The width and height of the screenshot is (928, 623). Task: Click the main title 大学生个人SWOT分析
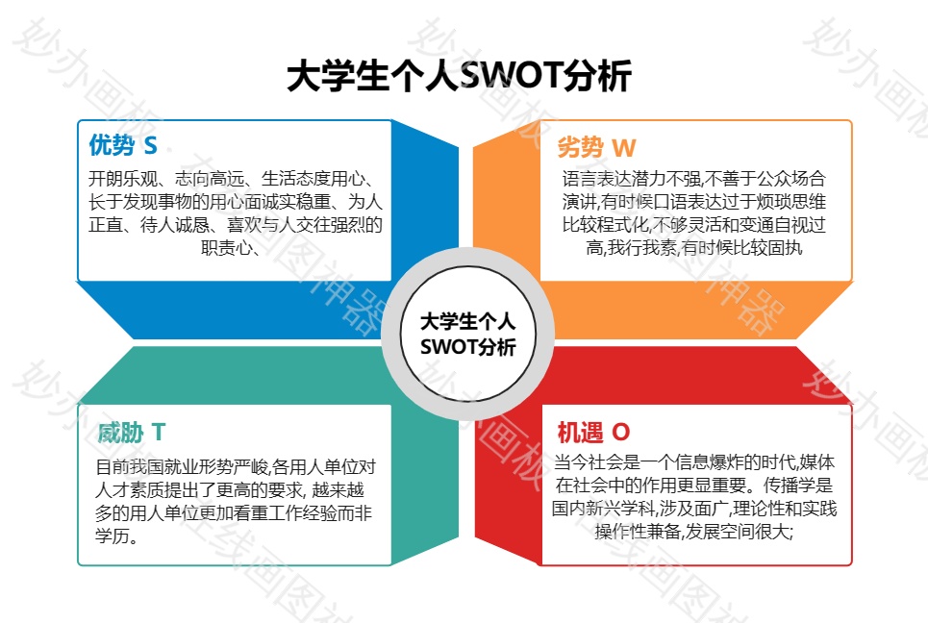pyautogui.click(x=460, y=76)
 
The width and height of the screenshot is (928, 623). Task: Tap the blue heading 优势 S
pyautogui.click(x=123, y=145)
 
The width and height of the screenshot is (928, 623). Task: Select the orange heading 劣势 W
pyautogui.click(x=596, y=147)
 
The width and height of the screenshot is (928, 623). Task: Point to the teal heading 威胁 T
pyautogui.click(x=132, y=433)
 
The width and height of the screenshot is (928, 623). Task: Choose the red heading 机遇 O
pyautogui.click(x=593, y=433)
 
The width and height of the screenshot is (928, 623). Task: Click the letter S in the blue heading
pyautogui.click(x=150, y=145)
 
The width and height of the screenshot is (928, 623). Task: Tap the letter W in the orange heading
pyautogui.click(x=624, y=148)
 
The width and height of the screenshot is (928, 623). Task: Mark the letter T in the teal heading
pyautogui.click(x=159, y=433)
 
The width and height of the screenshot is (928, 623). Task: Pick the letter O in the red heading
pyautogui.click(x=621, y=433)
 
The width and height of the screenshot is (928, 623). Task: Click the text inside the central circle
pyautogui.click(x=467, y=335)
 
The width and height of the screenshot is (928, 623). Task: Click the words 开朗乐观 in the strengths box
pyautogui.click(x=123, y=179)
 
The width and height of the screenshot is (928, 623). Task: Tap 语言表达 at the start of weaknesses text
pyautogui.click(x=596, y=179)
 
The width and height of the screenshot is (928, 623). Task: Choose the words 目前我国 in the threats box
pyautogui.click(x=130, y=467)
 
